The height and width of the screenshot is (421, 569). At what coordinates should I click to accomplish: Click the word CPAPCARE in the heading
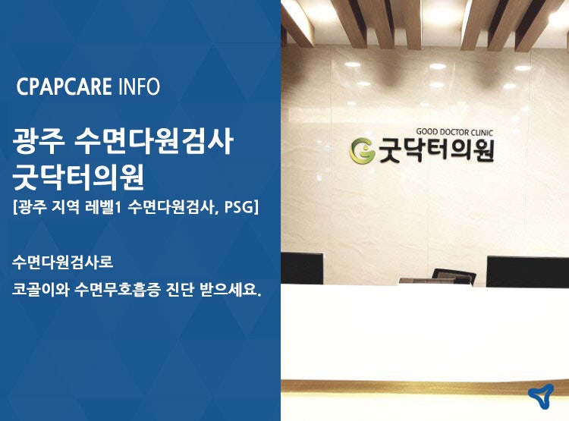(x=64, y=86)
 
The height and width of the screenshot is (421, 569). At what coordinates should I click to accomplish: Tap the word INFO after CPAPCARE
(x=139, y=86)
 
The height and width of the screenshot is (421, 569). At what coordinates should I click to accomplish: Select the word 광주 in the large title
(x=39, y=142)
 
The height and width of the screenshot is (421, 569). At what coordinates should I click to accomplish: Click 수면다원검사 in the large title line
(x=152, y=142)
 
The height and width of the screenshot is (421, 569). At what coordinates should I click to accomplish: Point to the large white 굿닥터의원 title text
(x=78, y=177)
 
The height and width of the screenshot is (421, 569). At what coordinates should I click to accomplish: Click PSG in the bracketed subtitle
(x=238, y=207)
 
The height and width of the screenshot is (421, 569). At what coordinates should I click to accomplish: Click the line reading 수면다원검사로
(x=63, y=262)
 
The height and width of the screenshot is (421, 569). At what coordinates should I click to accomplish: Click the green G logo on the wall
(x=362, y=151)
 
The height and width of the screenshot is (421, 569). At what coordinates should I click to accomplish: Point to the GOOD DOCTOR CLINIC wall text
(x=454, y=132)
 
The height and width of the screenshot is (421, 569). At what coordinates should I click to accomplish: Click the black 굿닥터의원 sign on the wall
(x=436, y=150)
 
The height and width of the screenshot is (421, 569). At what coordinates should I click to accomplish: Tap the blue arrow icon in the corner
(x=541, y=396)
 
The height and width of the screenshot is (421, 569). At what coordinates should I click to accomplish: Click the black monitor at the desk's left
(x=302, y=269)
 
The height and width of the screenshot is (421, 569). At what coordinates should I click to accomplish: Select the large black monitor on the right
(x=527, y=272)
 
